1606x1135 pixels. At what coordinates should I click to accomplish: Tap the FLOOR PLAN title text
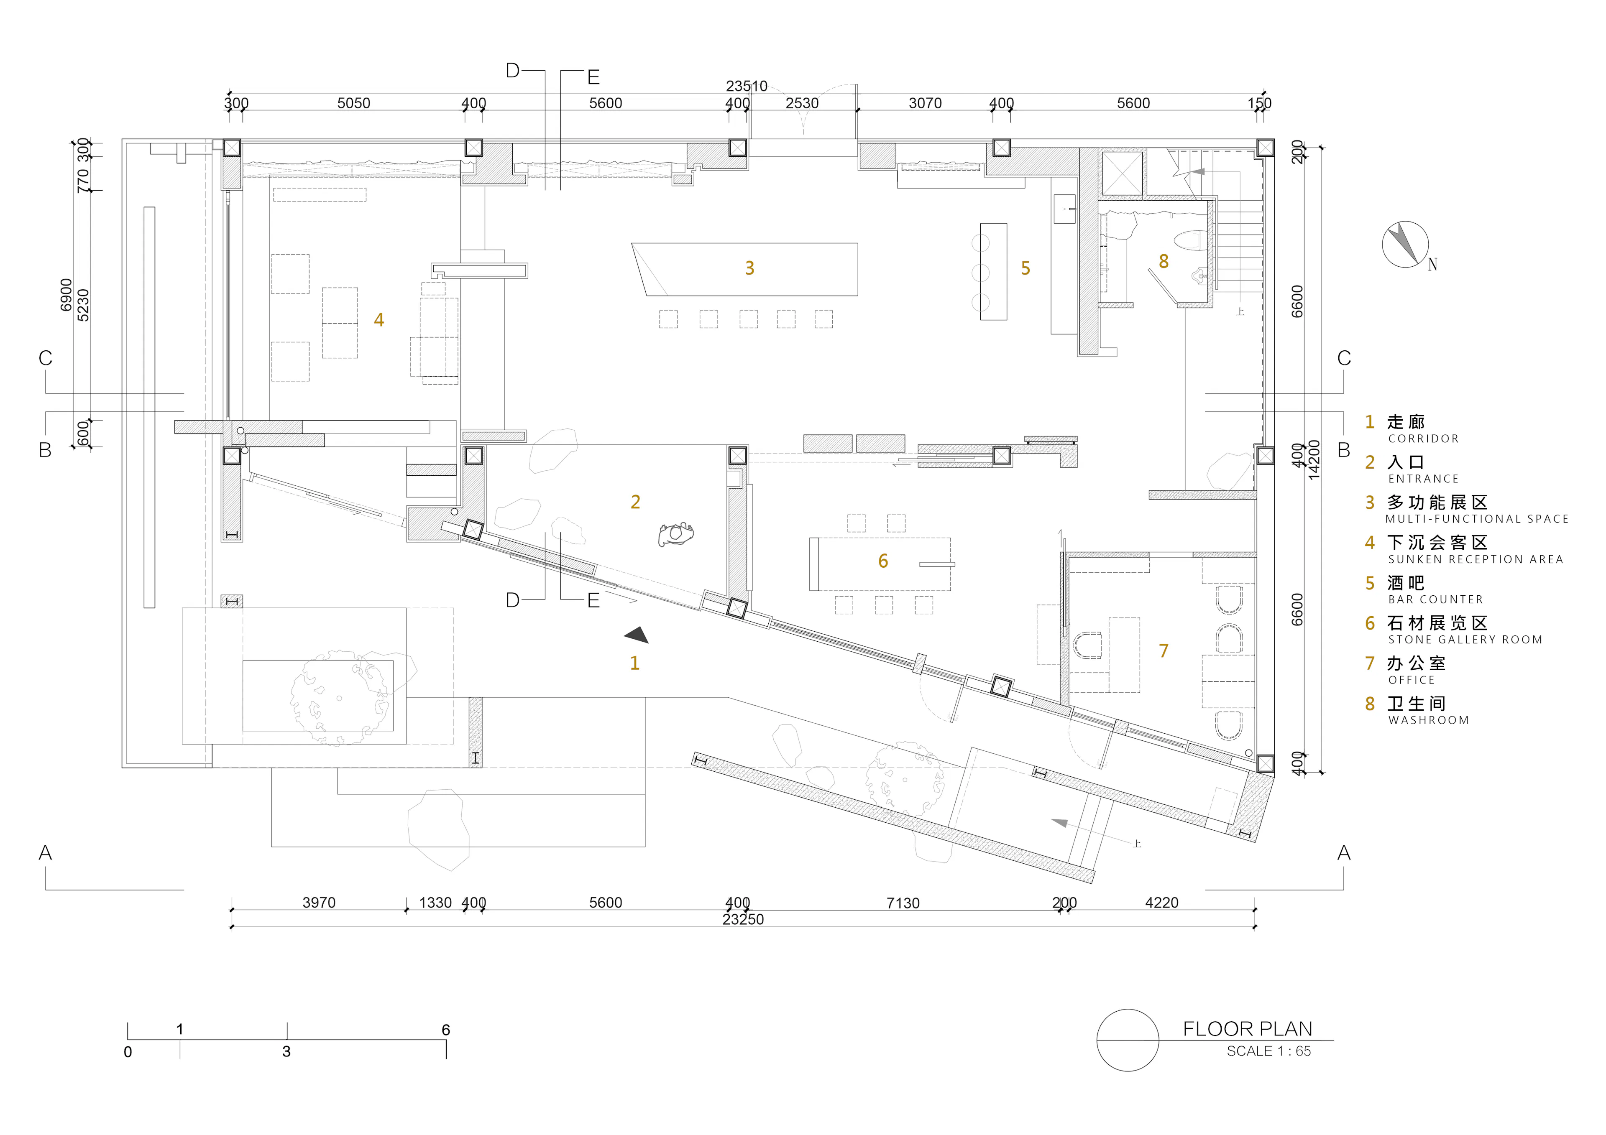point(1247,1029)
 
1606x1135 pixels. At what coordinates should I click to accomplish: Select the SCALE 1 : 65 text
point(1269,1051)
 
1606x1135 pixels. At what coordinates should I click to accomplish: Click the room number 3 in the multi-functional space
point(749,268)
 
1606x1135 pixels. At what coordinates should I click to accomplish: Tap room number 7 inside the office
point(1163,651)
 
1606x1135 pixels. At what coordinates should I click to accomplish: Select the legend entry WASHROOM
point(1428,720)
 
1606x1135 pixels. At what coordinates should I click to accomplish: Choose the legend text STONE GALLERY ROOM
point(1465,640)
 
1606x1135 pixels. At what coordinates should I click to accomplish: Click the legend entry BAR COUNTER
point(1435,599)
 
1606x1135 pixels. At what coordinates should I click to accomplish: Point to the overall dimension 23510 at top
point(747,86)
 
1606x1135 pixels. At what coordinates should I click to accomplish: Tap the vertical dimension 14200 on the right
point(1314,459)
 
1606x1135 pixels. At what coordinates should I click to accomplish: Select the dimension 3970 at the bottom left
point(319,903)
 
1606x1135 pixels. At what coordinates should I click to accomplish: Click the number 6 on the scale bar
point(445,1029)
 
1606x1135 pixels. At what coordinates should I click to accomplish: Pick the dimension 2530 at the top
point(802,104)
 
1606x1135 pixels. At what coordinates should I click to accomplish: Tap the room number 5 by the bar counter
point(1025,268)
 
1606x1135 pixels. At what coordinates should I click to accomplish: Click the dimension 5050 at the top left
point(354,104)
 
